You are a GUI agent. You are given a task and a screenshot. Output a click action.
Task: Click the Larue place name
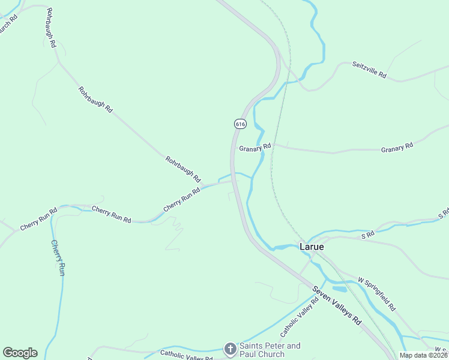click(x=312, y=247)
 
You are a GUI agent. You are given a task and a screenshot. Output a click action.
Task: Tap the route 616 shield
click(x=240, y=124)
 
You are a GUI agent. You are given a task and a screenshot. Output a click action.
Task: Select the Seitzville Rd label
click(x=369, y=71)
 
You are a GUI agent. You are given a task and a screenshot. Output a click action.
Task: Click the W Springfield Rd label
click(x=376, y=293)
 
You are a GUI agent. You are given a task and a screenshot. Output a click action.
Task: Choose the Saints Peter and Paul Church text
click(x=270, y=350)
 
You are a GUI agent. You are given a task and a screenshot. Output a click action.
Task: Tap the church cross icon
click(x=230, y=349)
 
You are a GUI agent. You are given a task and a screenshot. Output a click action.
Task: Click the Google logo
click(x=20, y=353)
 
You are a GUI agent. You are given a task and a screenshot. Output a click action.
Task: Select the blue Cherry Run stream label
click(x=58, y=257)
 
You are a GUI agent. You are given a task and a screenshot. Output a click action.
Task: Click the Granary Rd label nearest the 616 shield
click(x=255, y=147)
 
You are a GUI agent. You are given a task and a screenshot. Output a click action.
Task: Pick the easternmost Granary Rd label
click(x=397, y=146)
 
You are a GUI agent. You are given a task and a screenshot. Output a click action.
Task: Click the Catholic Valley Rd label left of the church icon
click(x=186, y=355)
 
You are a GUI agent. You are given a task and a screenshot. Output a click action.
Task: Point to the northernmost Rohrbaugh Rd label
click(x=50, y=28)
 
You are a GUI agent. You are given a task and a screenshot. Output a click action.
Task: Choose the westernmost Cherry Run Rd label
click(x=38, y=219)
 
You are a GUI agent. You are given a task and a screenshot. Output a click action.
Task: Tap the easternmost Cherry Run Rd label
click(x=181, y=199)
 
